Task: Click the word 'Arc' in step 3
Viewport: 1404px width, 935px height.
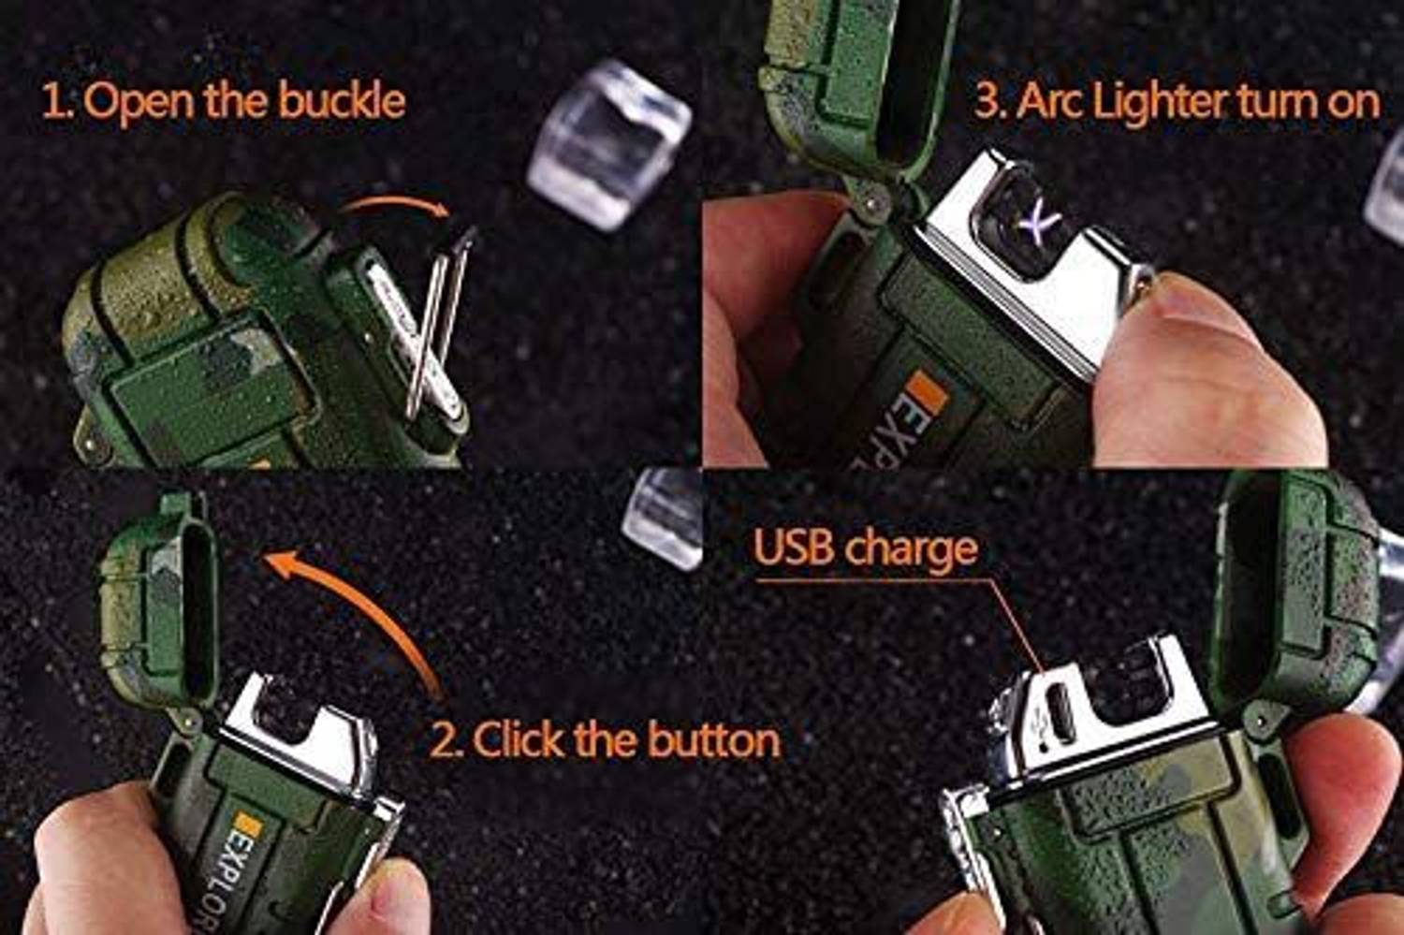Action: (1050, 101)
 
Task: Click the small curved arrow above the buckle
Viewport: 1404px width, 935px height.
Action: (393, 206)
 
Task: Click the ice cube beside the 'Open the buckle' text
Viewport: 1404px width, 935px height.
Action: (609, 145)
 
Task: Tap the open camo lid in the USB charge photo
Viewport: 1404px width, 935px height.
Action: (1292, 590)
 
